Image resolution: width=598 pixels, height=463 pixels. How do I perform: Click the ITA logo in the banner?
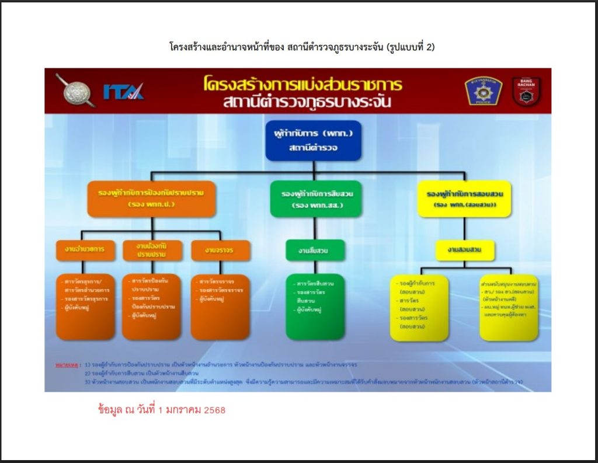[123, 92]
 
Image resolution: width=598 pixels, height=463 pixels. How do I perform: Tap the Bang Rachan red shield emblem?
[526, 91]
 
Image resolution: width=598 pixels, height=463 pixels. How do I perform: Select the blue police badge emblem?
[484, 91]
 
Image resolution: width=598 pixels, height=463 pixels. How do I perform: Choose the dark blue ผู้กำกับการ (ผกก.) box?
[314, 141]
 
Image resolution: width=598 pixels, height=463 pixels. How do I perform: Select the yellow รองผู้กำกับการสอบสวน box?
[465, 199]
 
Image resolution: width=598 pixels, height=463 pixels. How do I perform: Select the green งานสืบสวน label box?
[315, 250]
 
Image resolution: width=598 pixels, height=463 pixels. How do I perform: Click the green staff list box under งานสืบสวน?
[316, 307]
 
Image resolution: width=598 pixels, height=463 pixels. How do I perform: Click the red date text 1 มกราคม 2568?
[162, 410]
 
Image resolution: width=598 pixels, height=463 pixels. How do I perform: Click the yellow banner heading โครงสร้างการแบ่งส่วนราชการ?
[303, 84]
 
